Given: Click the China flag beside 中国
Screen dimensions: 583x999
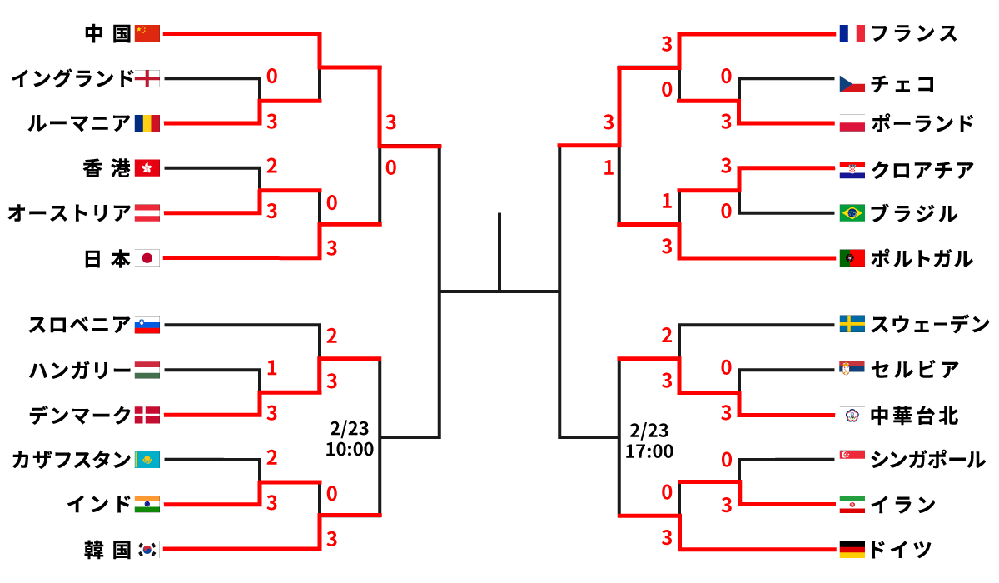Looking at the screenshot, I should [147, 33].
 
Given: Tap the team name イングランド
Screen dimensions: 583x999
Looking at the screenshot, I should [72, 79].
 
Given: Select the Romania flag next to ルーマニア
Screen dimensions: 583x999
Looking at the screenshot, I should [147, 124].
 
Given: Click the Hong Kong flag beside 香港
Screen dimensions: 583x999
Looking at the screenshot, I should [147, 169].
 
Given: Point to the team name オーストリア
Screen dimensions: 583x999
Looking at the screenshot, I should [70, 214].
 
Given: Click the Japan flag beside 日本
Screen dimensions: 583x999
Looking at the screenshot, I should [147, 259].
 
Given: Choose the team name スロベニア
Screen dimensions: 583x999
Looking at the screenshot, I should [79, 325].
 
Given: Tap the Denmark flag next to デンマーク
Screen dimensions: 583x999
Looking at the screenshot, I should [147, 414].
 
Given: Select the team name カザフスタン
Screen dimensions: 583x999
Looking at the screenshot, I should [72, 459].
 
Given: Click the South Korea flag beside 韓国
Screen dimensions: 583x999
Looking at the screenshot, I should [147, 549].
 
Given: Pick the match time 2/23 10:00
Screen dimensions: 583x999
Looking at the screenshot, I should [350, 439].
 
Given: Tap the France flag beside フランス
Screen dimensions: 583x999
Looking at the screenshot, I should [852, 33].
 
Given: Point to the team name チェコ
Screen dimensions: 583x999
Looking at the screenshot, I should [903, 84].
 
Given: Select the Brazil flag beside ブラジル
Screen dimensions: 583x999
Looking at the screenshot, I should [852, 213].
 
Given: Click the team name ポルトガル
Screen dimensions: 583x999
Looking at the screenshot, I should [922, 259].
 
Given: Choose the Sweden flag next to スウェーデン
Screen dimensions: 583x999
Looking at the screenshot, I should [852, 324].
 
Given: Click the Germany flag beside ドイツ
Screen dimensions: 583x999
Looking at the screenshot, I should [852, 549].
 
